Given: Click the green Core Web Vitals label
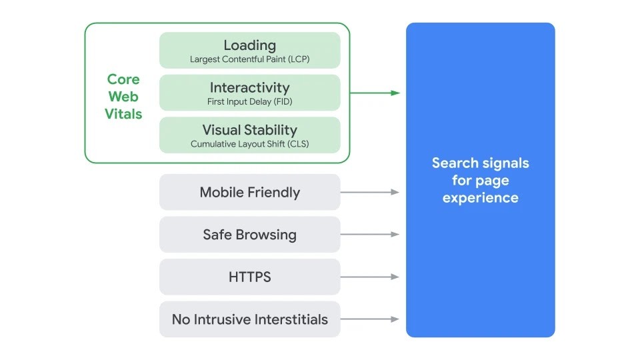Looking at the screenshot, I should tap(123, 97).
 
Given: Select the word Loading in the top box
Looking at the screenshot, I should tap(249, 45).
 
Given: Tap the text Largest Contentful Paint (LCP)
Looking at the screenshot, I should tap(249, 59).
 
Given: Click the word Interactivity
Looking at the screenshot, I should tap(249, 87).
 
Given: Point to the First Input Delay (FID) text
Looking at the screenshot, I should tap(249, 102).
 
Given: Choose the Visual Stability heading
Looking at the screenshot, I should tap(249, 130).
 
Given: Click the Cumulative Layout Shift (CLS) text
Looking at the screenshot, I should tap(249, 144).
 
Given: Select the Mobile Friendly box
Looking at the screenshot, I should tap(249, 192).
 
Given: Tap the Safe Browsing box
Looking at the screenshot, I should tap(249, 235).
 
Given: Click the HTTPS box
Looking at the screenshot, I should tap(249, 277).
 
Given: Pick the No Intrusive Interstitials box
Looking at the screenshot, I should tap(249, 319).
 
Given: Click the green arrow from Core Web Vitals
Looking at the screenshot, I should tap(375, 93).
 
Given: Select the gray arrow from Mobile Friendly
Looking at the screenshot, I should tap(370, 192).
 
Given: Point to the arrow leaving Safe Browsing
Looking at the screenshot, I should tap(370, 235).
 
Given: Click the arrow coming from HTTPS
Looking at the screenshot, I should tap(370, 277).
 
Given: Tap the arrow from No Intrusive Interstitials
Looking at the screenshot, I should tap(370, 319).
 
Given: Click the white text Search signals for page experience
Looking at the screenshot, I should tap(480, 180).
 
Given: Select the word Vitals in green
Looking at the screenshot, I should tap(123, 114).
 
